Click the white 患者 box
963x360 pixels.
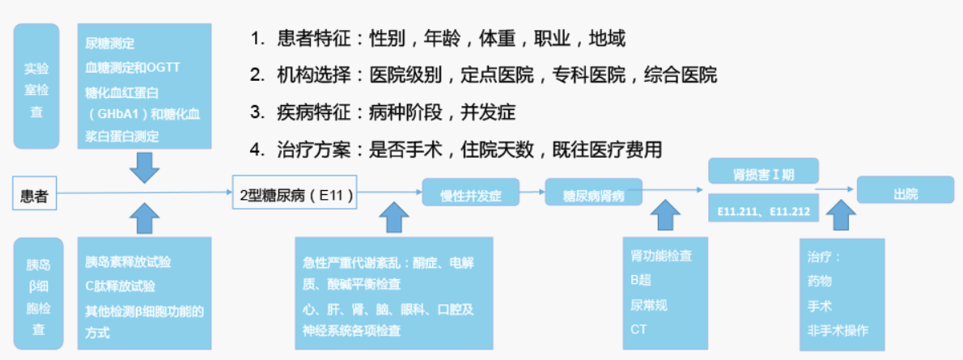[34, 195]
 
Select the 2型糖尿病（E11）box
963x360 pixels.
[295, 192]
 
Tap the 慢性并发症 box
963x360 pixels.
[471, 193]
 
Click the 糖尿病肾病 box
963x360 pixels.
[594, 193]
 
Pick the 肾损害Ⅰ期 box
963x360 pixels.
[763, 171]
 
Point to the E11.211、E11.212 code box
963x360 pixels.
[763, 209]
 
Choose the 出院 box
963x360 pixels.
[906, 190]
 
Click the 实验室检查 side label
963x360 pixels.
[37, 86]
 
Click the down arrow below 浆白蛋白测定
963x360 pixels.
[145, 167]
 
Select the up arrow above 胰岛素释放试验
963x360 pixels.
[145, 218]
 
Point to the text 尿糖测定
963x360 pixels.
[110, 44]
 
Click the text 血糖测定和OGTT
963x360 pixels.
[133, 67]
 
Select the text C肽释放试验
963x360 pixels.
[121, 286]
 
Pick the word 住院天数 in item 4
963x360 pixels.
[498, 150]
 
